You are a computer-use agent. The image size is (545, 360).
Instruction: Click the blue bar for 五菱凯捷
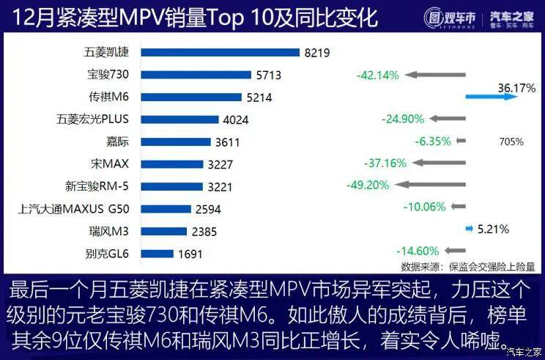[x=220, y=53]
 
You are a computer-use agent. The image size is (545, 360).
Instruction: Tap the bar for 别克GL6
[x=157, y=255]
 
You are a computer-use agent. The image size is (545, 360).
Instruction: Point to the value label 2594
[x=209, y=209]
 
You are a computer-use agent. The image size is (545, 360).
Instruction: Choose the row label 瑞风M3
[x=108, y=232]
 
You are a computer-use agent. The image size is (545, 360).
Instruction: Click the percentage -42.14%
[x=377, y=75]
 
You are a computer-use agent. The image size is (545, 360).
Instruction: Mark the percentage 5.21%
[x=493, y=229]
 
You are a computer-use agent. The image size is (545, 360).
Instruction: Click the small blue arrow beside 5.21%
[x=469, y=229]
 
